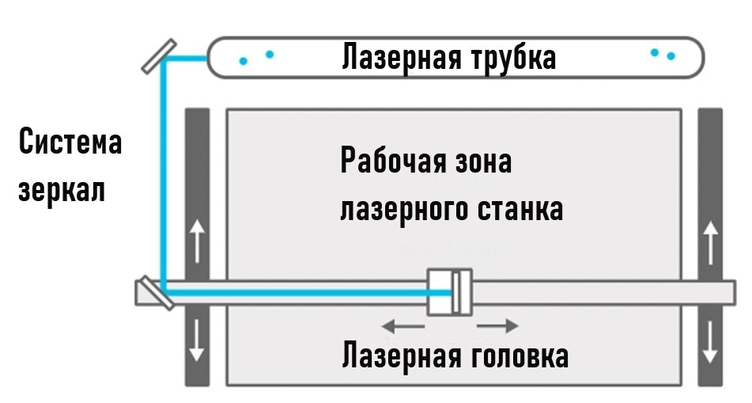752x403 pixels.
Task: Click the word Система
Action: [70, 144]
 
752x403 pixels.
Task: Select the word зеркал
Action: [62, 191]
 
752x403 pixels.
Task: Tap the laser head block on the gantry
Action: [449, 292]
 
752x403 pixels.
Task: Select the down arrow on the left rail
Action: [197, 340]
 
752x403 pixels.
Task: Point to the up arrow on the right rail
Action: [710, 242]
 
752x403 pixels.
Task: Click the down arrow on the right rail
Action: [710, 340]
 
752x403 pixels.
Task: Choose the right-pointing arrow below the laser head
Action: [498, 325]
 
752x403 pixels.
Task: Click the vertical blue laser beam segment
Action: [162, 174]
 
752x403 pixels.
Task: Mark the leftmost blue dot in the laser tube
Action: [244, 60]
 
